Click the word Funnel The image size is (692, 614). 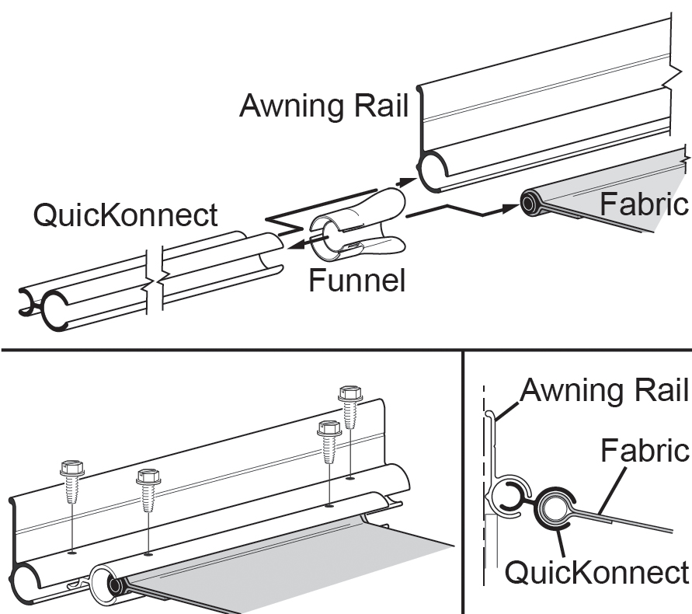(356, 279)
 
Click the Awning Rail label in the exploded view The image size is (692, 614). (323, 106)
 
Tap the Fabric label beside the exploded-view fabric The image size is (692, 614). (644, 204)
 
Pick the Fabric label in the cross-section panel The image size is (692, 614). (645, 449)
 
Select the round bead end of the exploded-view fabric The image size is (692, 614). (530, 204)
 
